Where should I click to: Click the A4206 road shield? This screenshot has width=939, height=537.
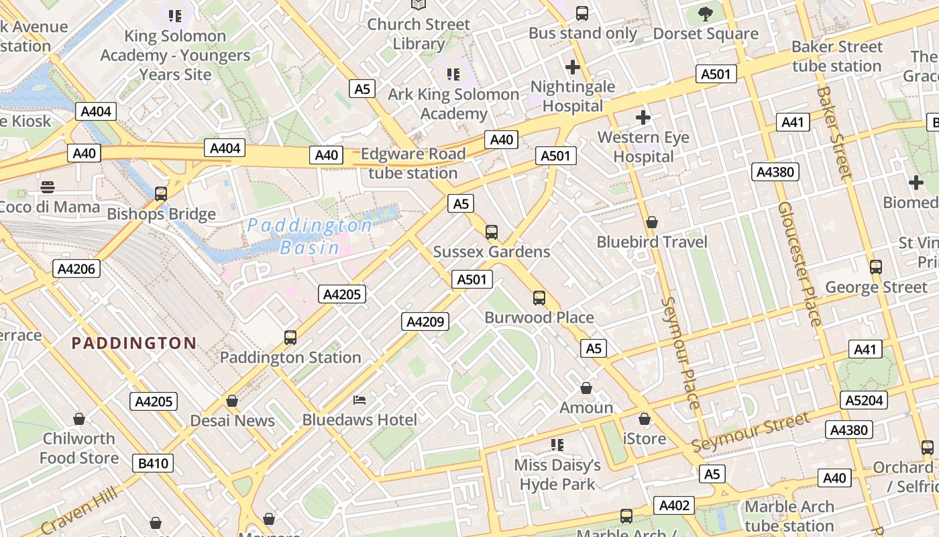point(77,269)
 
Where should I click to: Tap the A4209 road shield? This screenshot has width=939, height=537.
point(425,322)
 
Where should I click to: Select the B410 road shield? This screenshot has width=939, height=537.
point(153,463)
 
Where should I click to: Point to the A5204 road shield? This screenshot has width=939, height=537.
point(865,400)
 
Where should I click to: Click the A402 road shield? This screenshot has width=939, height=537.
point(674,505)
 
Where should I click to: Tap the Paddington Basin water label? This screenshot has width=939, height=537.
point(310,236)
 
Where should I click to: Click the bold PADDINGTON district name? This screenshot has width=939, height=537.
point(134,343)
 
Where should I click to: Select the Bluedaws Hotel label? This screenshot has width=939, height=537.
point(360,420)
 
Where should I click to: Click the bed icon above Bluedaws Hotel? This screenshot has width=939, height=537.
point(360,400)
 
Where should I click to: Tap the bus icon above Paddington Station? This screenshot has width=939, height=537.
point(290,337)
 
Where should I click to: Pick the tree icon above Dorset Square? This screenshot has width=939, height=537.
point(705,13)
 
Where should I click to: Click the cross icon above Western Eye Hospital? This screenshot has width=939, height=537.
point(643,118)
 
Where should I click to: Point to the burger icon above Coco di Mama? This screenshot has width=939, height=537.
point(47,187)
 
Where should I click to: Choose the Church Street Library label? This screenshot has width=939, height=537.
point(419,34)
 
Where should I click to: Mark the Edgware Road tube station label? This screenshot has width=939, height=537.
point(412,163)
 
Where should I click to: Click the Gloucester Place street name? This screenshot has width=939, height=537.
point(799,264)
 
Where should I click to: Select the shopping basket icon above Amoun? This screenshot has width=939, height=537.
point(586,388)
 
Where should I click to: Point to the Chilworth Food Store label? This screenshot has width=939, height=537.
point(79,448)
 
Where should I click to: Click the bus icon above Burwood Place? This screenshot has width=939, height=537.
point(539,298)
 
